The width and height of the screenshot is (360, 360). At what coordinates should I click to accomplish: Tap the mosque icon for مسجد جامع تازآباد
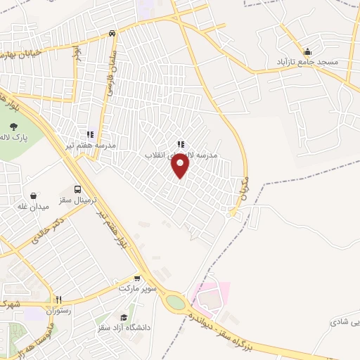pyautogui.click(x=307, y=51)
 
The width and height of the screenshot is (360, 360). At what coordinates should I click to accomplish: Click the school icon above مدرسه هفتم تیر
pyautogui.click(x=90, y=134)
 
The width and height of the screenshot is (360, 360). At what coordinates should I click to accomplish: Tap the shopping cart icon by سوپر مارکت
pyautogui.click(x=138, y=278)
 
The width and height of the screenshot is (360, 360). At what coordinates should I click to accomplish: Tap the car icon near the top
pyautogui.click(x=112, y=33)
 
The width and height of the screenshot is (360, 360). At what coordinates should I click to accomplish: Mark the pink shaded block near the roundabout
pyautogui.click(x=212, y=298)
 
